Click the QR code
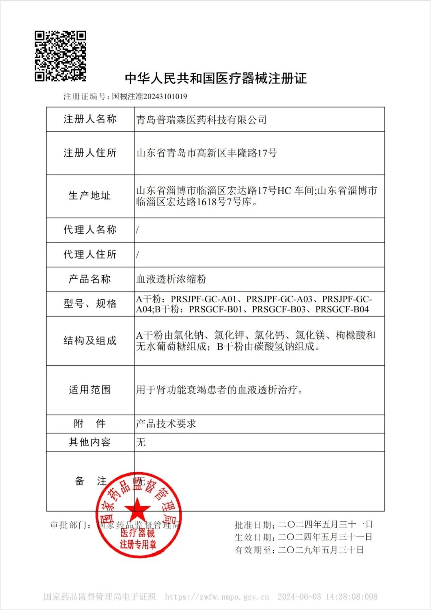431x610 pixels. (x=60, y=56)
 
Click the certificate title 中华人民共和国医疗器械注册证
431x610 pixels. (x=215, y=78)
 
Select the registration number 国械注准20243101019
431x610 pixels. (x=149, y=96)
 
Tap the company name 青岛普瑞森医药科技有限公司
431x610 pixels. (x=201, y=119)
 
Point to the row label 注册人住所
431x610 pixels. (x=90, y=153)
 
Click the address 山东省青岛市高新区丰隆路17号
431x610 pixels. (x=206, y=153)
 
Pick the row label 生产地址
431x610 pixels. (x=90, y=196)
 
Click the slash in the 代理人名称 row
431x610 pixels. (x=138, y=230)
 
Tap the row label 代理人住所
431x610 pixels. (x=90, y=254)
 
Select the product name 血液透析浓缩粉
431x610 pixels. (x=171, y=279)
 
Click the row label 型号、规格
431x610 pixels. (x=90, y=304)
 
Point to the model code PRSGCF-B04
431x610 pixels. (x=342, y=309)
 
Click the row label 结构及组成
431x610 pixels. (x=90, y=341)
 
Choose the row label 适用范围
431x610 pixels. (x=90, y=390)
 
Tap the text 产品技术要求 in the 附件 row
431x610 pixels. (x=166, y=424)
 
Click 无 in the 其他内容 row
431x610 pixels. (x=141, y=442)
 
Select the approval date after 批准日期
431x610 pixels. (x=325, y=525)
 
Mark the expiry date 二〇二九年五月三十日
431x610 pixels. (x=321, y=550)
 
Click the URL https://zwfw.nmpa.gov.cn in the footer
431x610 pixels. (x=217, y=597)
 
